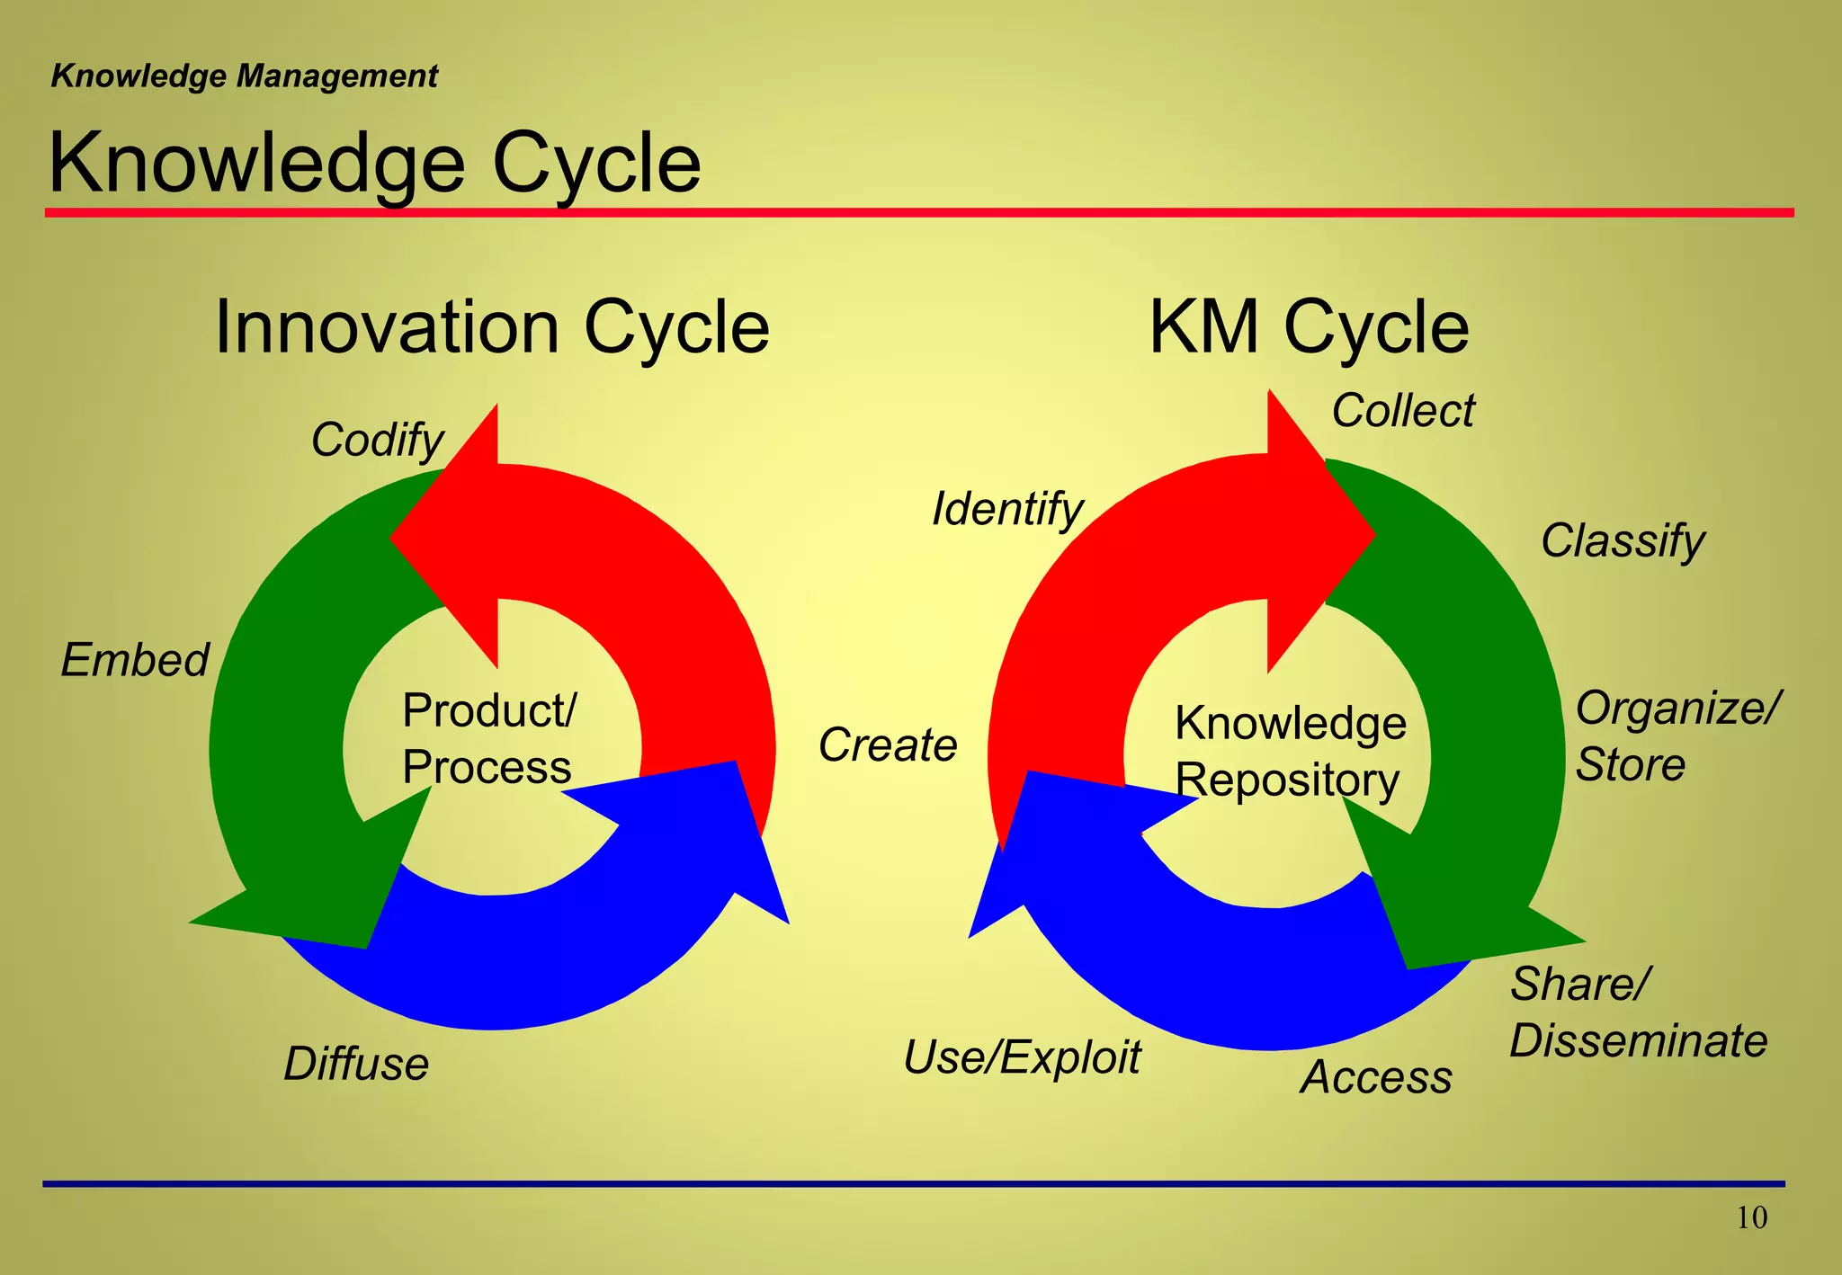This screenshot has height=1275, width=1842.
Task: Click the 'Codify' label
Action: (378, 441)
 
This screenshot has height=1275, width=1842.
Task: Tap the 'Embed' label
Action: (135, 660)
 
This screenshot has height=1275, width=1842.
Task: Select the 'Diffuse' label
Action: (356, 1065)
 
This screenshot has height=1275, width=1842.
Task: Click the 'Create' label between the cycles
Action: (888, 745)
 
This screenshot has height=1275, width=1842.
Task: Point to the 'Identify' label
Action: (1007, 510)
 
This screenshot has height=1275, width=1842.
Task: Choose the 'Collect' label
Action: (1402, 411)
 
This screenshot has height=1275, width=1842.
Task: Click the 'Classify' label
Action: (1623, 541)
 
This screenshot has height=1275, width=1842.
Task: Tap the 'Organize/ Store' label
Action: (1676, 736)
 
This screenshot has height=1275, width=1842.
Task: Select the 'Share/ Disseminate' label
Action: (1637, 1012)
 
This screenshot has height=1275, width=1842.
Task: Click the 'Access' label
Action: (1376, 1077)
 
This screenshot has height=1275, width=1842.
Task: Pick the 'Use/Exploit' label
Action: (1022, 1057)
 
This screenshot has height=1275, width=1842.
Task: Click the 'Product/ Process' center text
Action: (488, 739)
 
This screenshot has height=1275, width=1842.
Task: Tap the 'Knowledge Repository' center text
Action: (1290, 751)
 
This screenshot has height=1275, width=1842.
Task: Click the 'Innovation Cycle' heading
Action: (492, 327)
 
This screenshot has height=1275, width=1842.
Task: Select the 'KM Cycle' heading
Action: (1309, 327)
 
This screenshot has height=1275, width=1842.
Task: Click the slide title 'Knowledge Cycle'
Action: (374, 163)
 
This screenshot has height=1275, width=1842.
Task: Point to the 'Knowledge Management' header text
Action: (244, 76)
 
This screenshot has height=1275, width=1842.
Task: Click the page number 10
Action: (1751, 1218)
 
